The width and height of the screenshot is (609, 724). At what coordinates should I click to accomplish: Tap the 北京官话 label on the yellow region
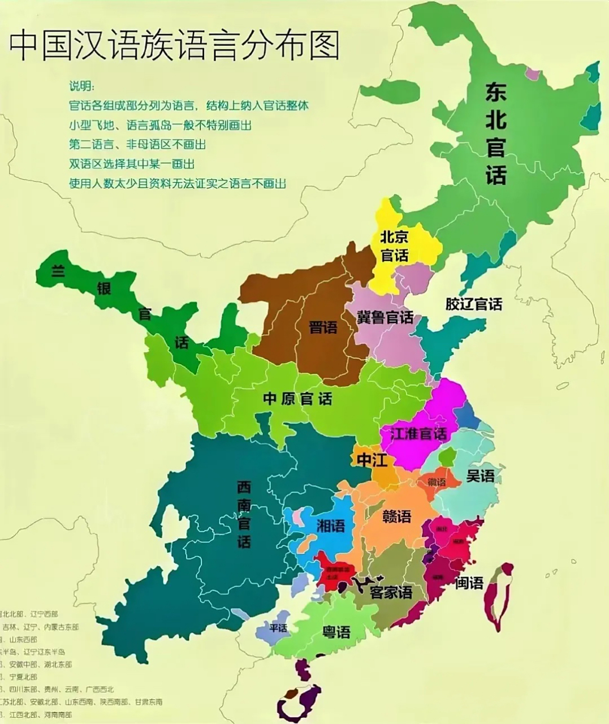point(394,245)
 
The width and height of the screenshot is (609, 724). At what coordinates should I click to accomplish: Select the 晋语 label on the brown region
point(323,327)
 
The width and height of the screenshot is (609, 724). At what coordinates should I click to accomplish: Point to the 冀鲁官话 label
point(385,317)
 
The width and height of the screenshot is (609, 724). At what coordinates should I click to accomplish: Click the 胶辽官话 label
point(473,304)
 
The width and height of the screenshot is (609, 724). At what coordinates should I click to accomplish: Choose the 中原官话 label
point(297,399)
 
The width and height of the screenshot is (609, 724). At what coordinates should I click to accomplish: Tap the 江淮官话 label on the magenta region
point(419,434)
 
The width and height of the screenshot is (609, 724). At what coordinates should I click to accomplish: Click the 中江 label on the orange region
point(372,460)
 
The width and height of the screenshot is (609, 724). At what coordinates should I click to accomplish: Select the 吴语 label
point(480,476)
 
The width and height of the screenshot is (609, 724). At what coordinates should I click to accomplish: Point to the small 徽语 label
point(437,482)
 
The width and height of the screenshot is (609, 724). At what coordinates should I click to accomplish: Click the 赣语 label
point(396,516)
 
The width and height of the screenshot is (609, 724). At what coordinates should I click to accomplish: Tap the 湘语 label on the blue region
point(331,526)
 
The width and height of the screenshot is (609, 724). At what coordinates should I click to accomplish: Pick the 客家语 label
point(390,592)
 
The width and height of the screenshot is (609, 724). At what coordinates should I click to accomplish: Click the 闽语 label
point(469,582)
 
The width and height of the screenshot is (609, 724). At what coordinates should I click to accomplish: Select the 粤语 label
point(336,632)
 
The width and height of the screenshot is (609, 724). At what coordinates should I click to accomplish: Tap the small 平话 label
point(278,628)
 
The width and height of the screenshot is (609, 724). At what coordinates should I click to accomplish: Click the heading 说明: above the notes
point(82,86)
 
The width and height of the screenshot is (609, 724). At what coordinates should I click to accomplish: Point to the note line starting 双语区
point(132,163)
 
